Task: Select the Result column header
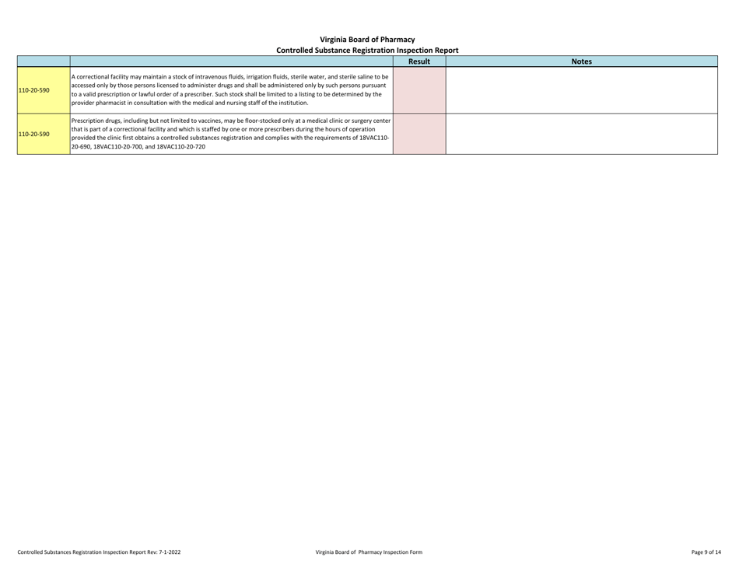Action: (419, 61)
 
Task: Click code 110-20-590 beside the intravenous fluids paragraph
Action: (34, 90)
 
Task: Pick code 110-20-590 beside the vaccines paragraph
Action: (34, 134)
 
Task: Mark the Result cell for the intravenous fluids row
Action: (419, 89)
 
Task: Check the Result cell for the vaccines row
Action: (419, 134)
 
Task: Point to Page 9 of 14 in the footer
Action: (706, 552)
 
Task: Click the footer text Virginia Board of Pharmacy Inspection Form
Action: (369, 552)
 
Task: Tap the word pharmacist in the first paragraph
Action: (109, 103)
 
